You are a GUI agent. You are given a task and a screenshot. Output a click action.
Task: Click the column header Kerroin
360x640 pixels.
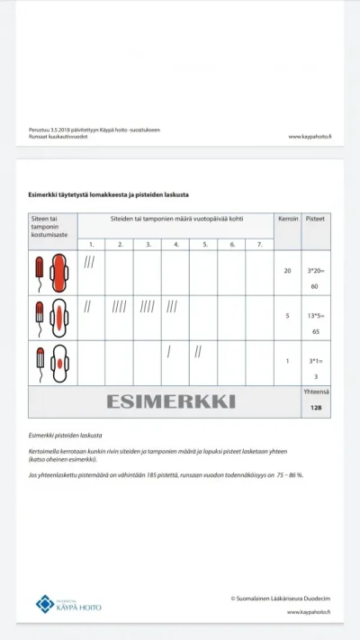coord(287,219)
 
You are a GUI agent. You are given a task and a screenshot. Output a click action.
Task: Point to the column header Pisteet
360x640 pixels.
coord(316,219)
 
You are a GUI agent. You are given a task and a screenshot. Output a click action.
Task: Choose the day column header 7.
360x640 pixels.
coord(259,244)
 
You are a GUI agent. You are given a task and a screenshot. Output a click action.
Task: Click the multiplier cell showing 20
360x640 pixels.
coord(287,271)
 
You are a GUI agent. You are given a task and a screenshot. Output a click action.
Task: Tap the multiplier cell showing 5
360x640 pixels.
coord(287,316)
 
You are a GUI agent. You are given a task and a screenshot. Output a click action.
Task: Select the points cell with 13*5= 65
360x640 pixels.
coord(316,321)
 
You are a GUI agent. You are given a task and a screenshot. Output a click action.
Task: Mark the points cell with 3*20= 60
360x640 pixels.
coord(316,278)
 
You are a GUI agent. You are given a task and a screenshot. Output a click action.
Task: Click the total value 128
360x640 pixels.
coord(316,408)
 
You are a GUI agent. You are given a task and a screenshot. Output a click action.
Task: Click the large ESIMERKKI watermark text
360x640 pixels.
coord(171,401)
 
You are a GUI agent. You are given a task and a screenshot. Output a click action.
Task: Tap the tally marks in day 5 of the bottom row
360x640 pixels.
coord(198,351)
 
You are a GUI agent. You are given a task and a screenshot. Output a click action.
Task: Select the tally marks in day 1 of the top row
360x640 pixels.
coord(89,263)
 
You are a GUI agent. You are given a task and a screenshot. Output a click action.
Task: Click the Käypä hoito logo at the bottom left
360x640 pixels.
coord(68,603)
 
